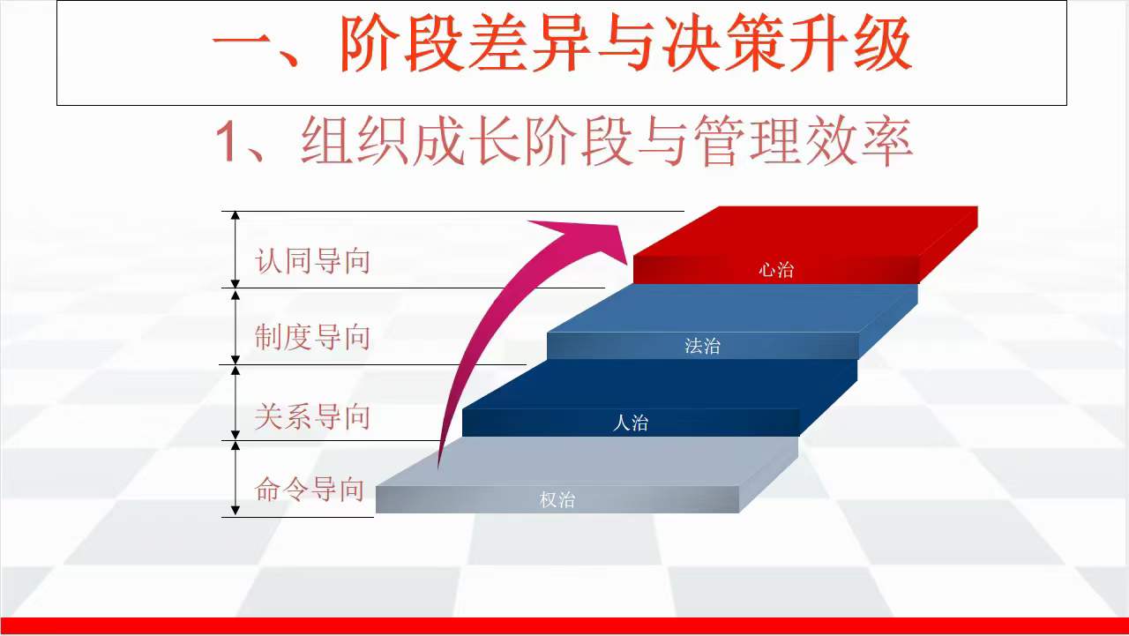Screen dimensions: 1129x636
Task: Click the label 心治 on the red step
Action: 776,270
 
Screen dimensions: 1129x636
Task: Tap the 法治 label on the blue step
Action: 703,346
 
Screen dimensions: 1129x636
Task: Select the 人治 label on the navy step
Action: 631,423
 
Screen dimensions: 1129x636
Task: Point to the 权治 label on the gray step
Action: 557,499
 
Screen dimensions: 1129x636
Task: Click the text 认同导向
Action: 312,260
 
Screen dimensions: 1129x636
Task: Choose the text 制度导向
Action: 312,337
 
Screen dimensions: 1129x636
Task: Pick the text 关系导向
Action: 312,416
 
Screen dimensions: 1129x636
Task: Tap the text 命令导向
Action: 310,489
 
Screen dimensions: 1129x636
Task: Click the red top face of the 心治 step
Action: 805,231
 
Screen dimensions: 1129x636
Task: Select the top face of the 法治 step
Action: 732,308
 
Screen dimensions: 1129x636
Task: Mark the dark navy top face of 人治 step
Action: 660,384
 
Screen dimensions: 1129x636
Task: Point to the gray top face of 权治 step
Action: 587,461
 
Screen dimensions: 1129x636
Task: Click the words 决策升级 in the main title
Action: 788,43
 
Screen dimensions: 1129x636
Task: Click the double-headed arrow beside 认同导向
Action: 236,250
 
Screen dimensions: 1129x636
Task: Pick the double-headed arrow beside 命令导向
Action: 236,479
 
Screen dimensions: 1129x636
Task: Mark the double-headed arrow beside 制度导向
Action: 236,326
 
